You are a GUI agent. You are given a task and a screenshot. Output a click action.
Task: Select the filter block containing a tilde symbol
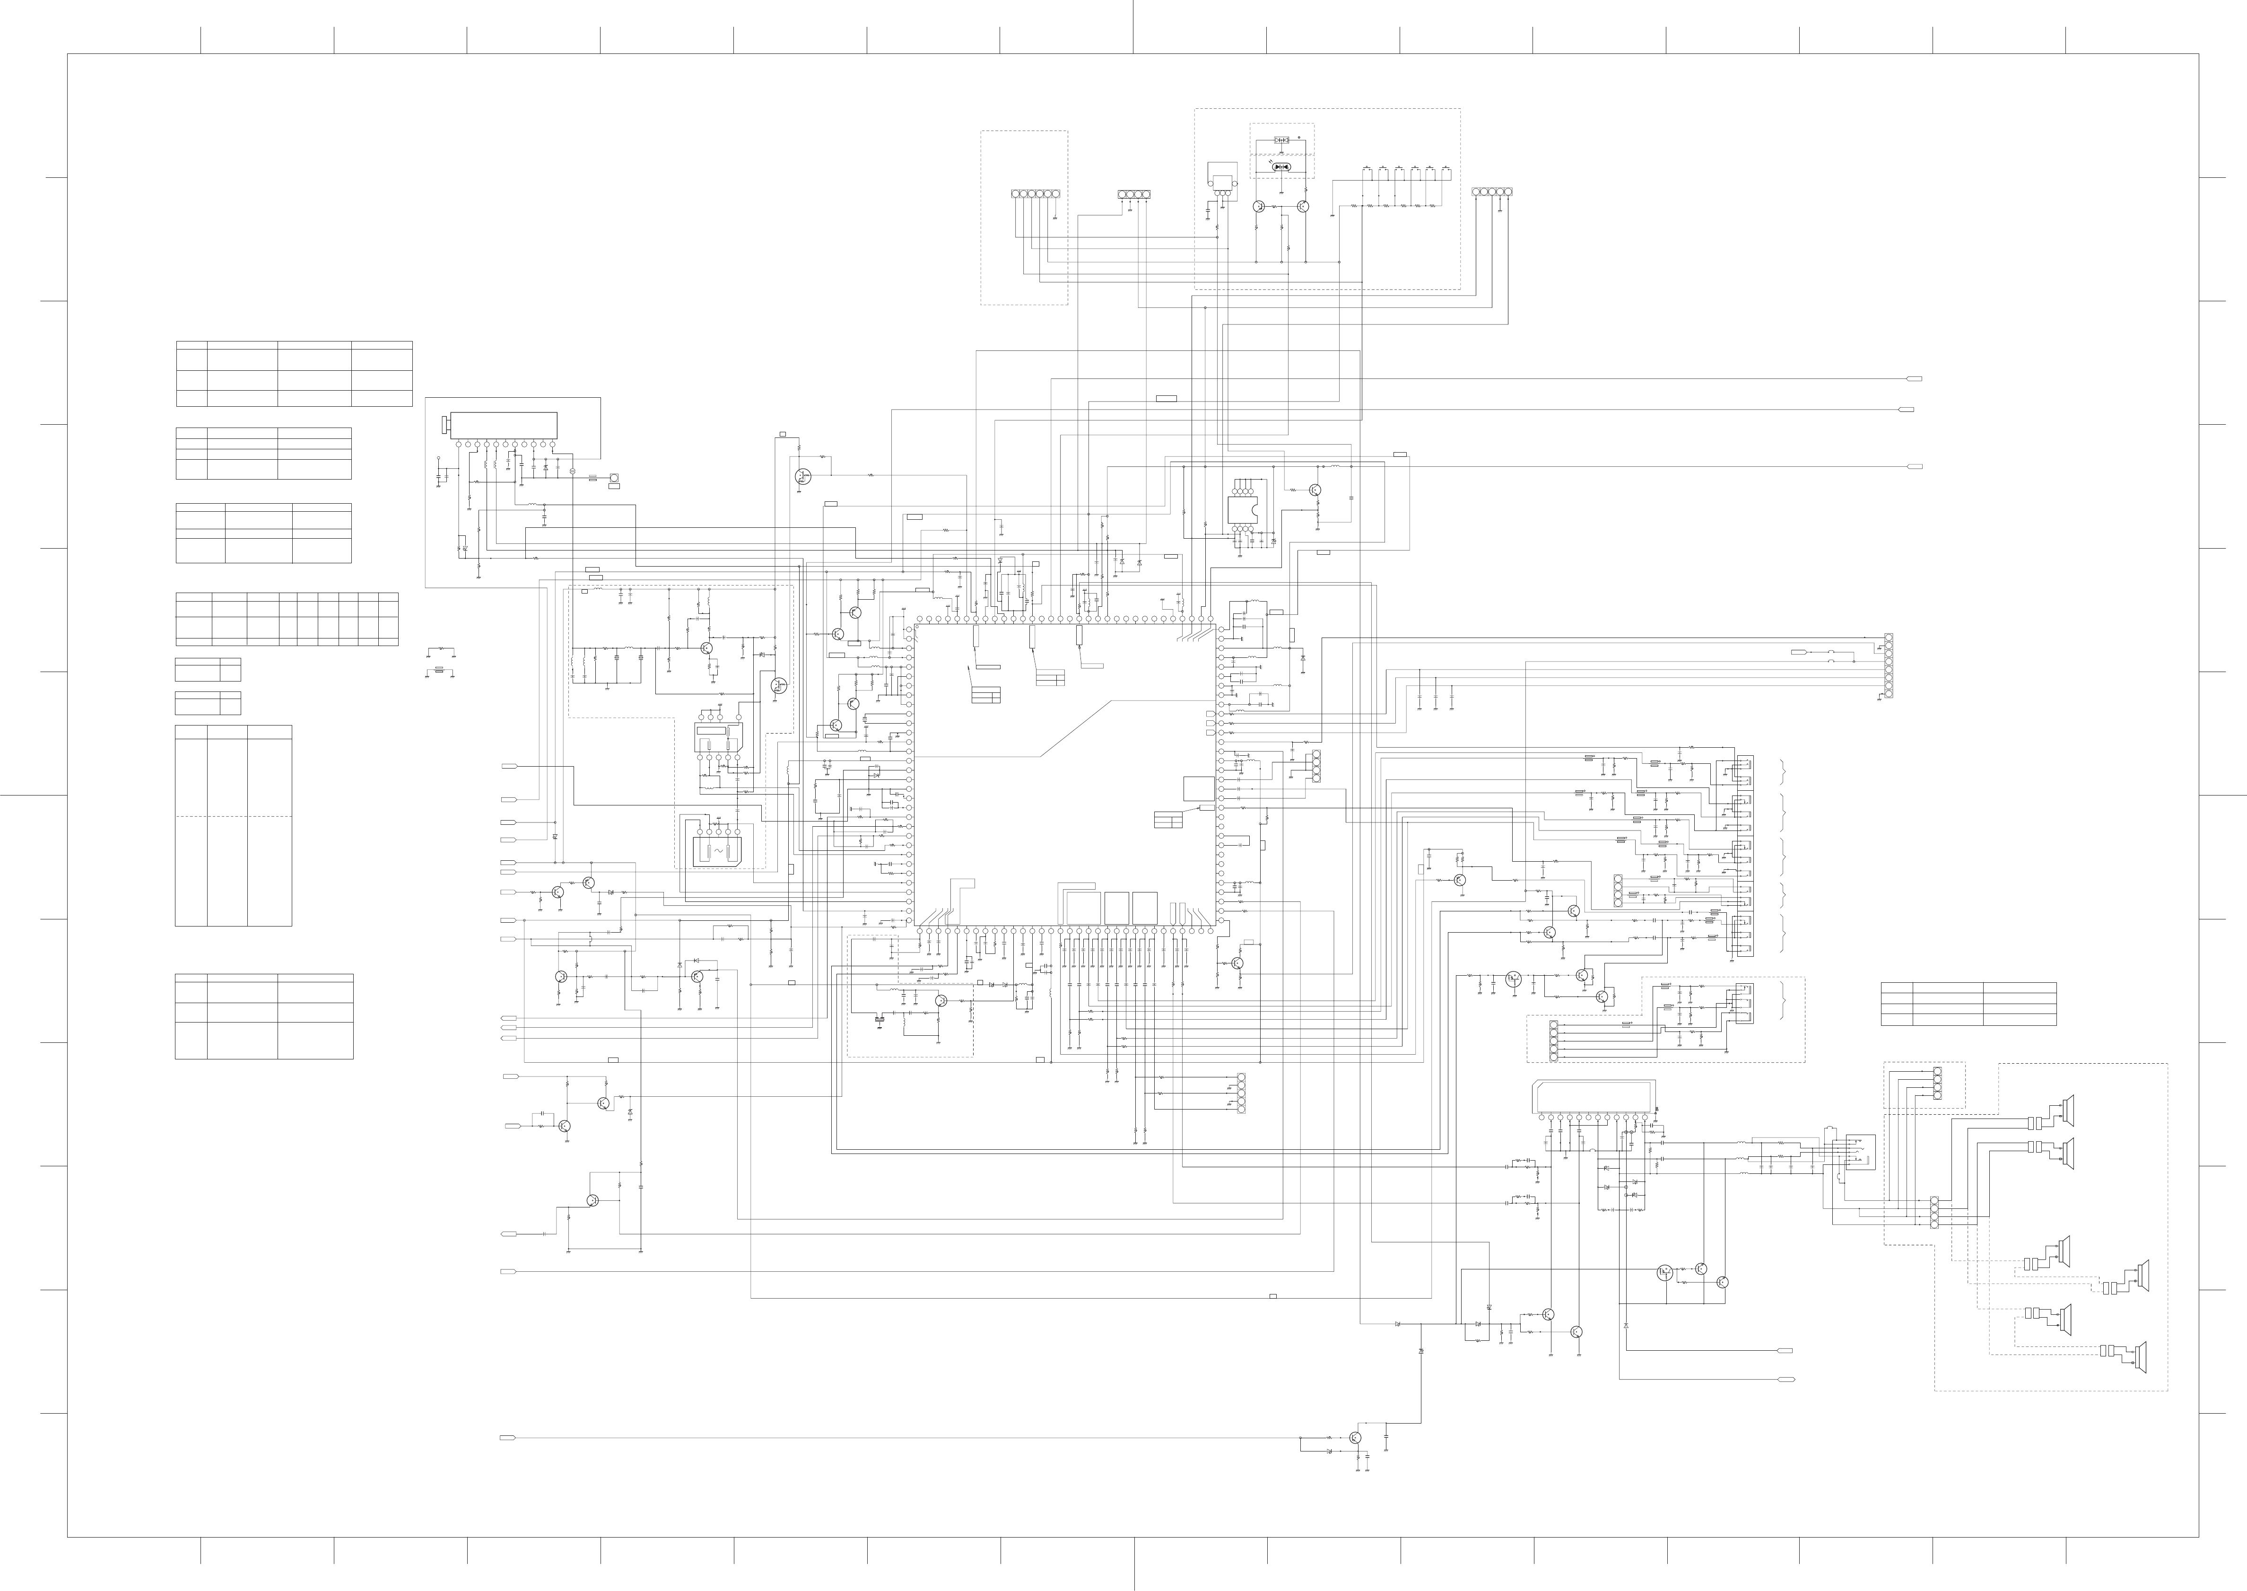[717, 850]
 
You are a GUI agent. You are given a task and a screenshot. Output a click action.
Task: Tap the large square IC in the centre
[1065, 776]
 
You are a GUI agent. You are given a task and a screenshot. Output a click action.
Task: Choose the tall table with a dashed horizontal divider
[233, 825]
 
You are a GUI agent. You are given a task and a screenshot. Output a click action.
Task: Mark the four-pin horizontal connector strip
[1133, 194]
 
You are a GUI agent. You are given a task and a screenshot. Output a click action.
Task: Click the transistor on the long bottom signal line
[1355, 1437]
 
